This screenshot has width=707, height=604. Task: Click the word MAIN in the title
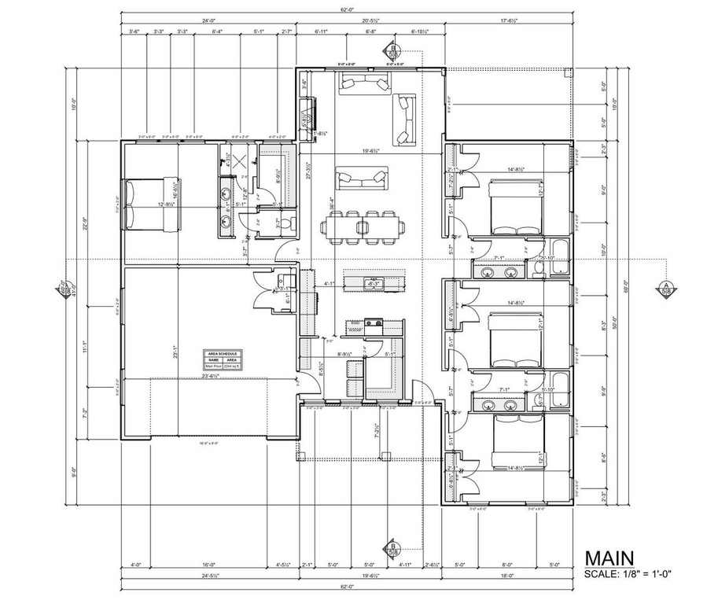[613, 558]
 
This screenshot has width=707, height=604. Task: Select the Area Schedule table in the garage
[220, 359]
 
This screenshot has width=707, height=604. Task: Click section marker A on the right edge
[665, 289]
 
